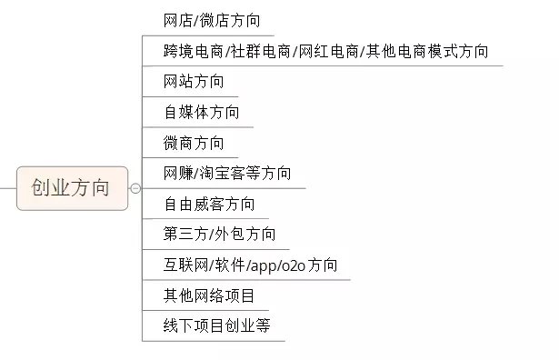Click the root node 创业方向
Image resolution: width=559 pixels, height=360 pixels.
click(70, 188)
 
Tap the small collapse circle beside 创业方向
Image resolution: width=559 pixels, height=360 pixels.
click(135, 188)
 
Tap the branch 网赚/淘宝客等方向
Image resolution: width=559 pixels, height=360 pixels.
click(227, 173)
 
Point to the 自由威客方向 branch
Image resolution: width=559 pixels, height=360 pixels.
click(210, 204)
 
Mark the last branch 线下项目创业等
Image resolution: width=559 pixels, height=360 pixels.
click(217, 325)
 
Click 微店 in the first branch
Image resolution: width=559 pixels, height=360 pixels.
click(216, 20)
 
